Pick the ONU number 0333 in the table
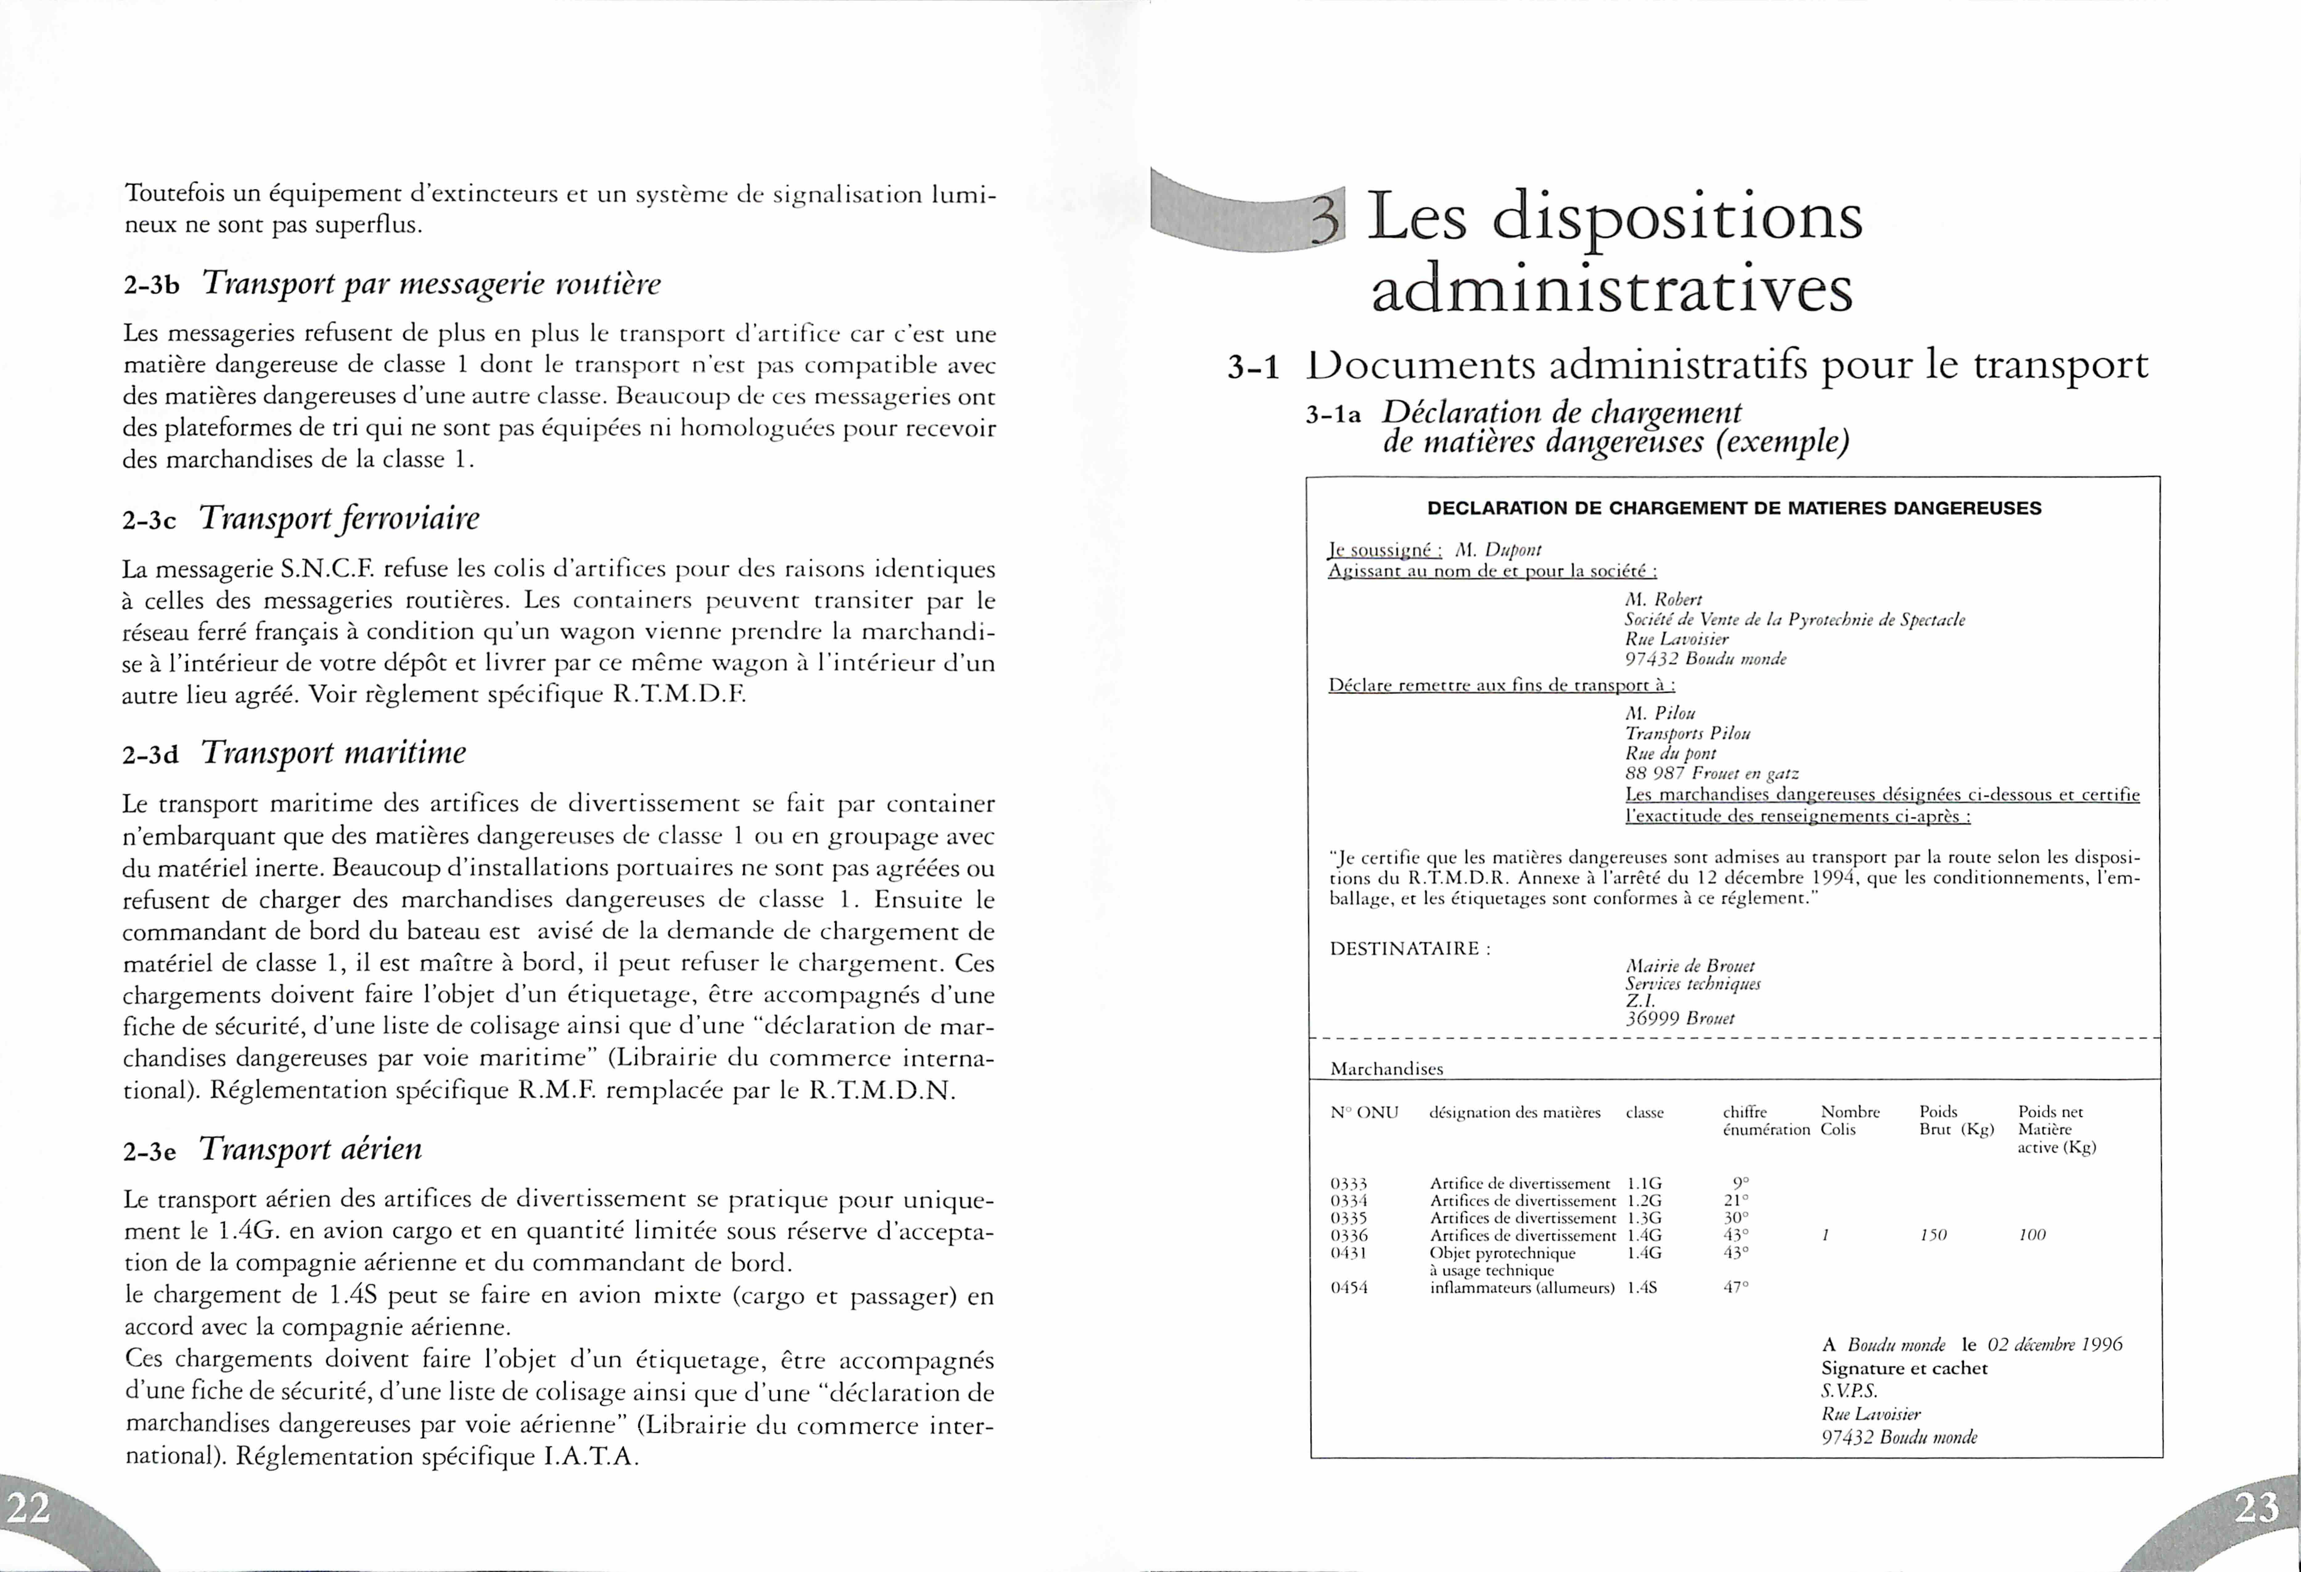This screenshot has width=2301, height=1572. pyautogui.click(x=1348, y=1183)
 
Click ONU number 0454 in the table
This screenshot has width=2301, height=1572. pyautogui.click(x=1348, y=1288)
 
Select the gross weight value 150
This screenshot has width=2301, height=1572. pyautogui.click(x=1933, y=1235)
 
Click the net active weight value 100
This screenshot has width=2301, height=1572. pyautogui.click(x=2032, y=1235)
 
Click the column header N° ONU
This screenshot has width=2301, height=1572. pyautogui.click(x=1365, y=1113)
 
